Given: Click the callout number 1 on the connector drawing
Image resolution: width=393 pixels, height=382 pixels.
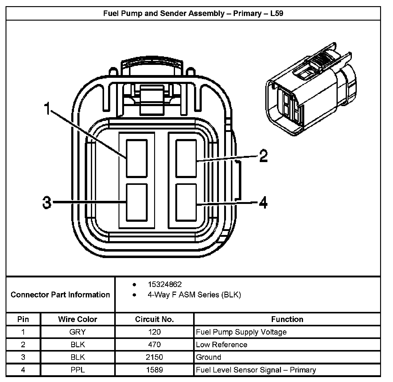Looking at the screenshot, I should tap(47, 109).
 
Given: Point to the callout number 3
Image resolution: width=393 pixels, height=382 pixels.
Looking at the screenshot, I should tap(47, 203).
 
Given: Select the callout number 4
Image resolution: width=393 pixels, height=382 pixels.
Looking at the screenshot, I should tap(263, 203).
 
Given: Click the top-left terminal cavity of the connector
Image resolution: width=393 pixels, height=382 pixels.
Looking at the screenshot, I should tap(137, 158).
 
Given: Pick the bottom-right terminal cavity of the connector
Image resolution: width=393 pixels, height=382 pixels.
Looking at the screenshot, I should tap(186, 202).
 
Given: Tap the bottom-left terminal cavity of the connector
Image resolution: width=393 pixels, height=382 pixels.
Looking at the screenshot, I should tap(137, 202).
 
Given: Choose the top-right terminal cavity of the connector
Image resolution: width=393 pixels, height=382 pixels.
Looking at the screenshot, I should tap(186, 158).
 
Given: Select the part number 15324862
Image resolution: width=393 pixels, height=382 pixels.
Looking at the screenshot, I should tap(165, 285).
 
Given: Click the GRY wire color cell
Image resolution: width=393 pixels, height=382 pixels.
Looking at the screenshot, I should tap(77, 332).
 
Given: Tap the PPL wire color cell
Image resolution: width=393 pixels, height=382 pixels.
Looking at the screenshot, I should tap(77, 370).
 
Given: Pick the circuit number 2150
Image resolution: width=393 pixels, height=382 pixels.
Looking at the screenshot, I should tap(154, 357).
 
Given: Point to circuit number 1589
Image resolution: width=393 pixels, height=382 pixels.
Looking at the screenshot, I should tap(154, 370).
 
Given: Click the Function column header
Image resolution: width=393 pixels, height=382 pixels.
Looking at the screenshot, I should tap(287, 319).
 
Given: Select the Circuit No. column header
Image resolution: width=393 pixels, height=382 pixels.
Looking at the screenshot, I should tap(154, 319).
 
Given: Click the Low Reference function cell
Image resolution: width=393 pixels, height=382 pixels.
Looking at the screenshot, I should tap(221, 344).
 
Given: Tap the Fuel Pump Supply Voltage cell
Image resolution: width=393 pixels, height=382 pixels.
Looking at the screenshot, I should tap(241, 332).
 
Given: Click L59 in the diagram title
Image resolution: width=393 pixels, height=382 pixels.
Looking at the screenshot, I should tap(277, 14).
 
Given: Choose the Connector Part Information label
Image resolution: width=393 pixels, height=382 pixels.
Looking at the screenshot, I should tap(60, 295).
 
